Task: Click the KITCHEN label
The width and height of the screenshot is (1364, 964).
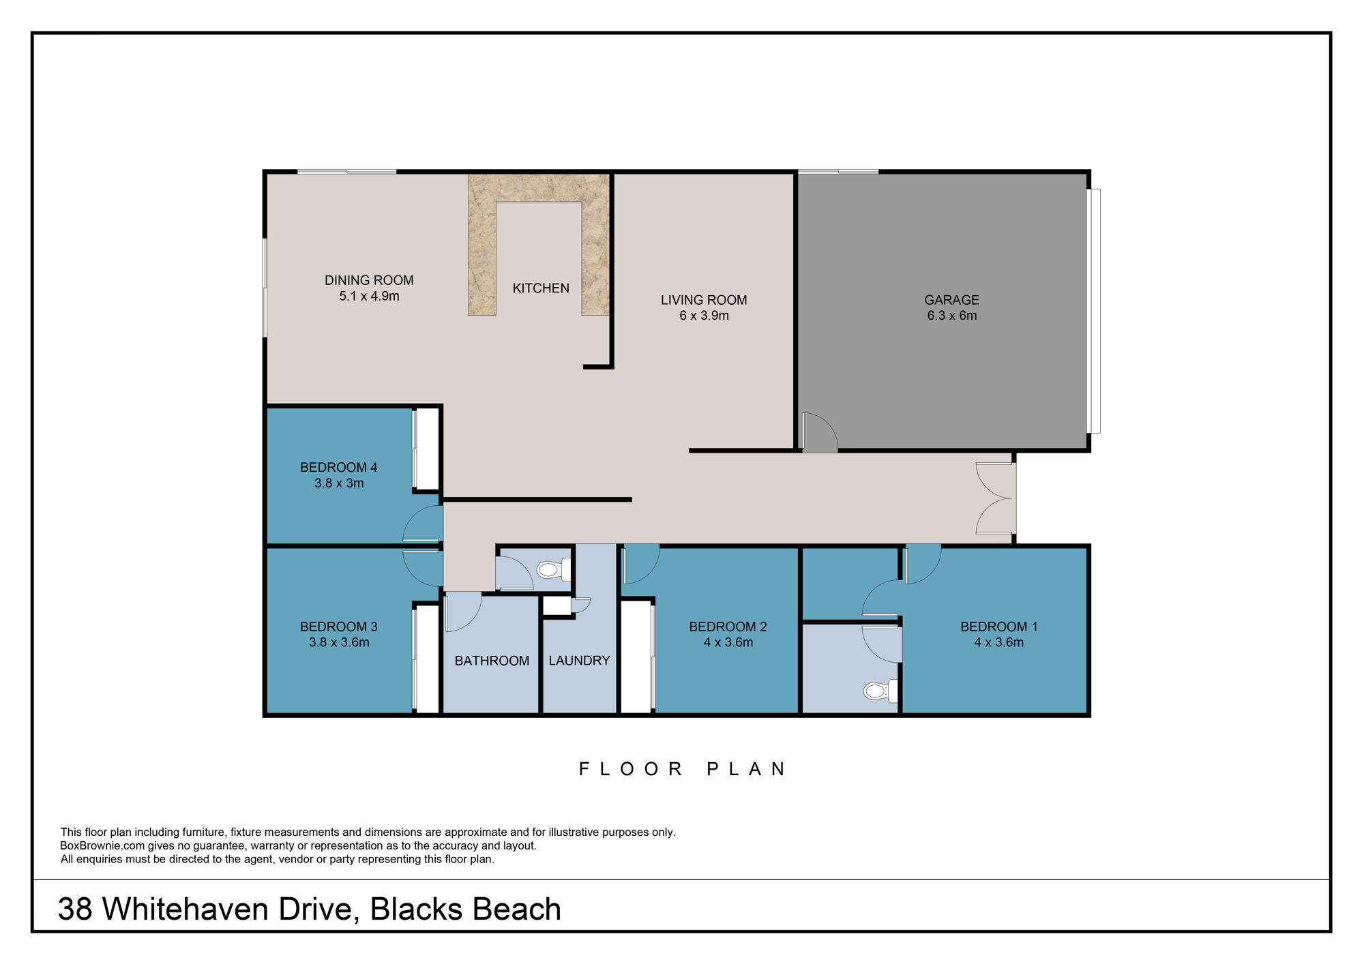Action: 541,288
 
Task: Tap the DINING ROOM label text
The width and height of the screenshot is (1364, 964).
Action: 369,280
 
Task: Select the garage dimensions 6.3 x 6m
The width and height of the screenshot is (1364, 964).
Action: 951,316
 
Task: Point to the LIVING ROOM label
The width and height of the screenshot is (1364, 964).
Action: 704,300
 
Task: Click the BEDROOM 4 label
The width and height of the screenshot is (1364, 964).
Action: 338,468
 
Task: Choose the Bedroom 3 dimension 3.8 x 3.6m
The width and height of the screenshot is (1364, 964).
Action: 339,642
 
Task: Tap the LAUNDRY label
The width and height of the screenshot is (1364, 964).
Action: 579,661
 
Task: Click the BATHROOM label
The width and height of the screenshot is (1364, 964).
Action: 492,661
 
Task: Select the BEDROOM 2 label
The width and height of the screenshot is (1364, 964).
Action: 728,627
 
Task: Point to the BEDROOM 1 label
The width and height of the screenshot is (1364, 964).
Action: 998,627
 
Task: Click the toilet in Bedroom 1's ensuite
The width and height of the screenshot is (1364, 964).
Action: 880,691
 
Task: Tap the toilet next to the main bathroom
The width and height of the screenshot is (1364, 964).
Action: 554,569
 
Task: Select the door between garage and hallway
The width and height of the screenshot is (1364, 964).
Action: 819,432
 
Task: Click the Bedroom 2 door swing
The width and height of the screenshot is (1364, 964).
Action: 641,564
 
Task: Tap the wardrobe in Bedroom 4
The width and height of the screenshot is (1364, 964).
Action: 427,449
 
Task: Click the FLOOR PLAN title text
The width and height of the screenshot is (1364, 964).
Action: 683,769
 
